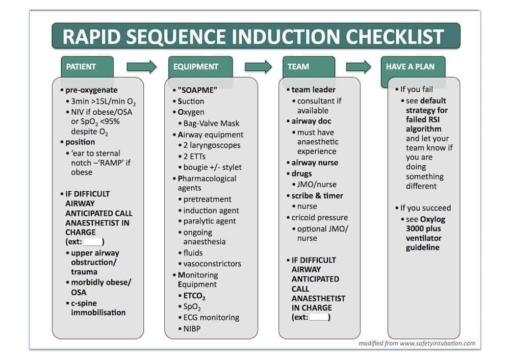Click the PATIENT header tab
82,66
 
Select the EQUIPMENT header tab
196,66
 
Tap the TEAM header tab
298,66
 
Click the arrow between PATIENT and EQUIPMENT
141,66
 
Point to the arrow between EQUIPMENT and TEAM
258,66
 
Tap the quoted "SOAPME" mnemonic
197,90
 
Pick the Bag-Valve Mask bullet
212,123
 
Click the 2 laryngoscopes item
212,145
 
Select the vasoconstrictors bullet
212,264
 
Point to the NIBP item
192,329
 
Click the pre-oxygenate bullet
91,90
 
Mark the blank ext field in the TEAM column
319,318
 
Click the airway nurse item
315,163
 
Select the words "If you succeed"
425,208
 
